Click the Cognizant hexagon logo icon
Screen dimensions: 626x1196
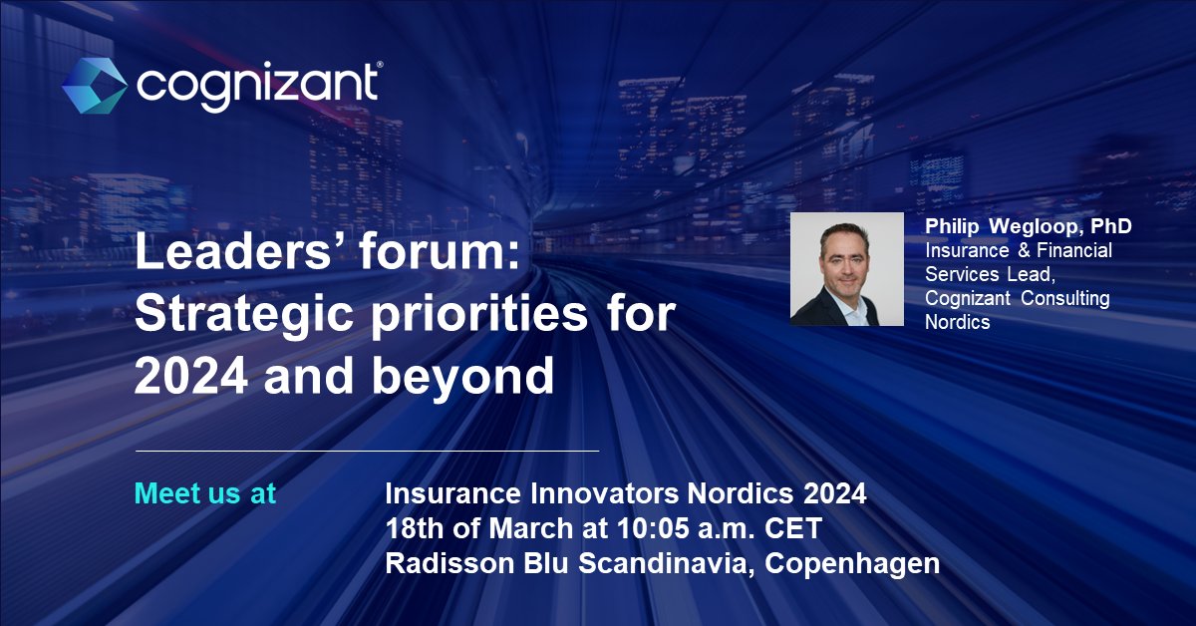pos(94,85)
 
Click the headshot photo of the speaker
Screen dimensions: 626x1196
pos(846,269)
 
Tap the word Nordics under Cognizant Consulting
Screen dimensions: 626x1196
pos(958,322)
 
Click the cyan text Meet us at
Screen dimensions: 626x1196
pos(204,493)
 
